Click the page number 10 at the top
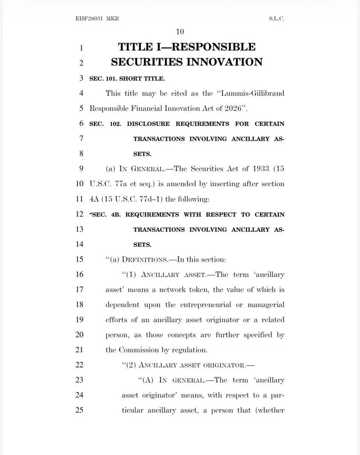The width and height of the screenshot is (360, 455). click(180, 31)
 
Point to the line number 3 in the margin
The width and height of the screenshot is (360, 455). click(81, 78)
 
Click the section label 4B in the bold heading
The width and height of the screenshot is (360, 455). click(115, 215)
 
